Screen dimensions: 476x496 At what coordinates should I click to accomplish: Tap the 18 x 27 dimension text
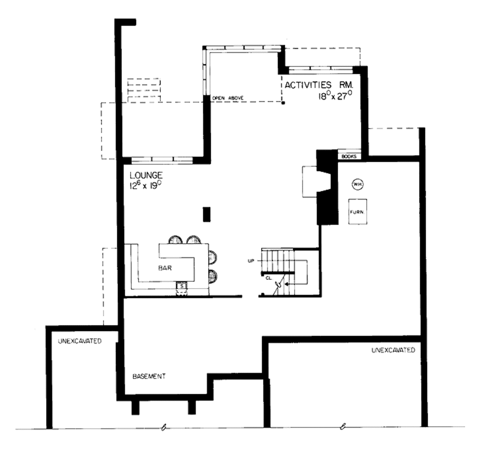[x=334, y=96]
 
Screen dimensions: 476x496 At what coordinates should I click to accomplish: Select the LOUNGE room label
[x=146, y=175]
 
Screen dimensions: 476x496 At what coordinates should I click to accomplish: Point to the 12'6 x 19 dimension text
[x=145, y=185]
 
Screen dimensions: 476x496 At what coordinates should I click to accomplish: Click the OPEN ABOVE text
[x=227, y=98]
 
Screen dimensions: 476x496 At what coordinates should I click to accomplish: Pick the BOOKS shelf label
[x=349, y=156]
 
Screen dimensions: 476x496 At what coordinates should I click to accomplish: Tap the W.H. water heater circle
[x=357, y=184]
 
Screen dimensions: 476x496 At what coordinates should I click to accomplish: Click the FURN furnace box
[x=357, y=212]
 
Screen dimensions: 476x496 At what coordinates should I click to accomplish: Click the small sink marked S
[x=182, y=286]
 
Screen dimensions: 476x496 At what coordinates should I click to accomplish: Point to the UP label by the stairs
[x=251, y=261]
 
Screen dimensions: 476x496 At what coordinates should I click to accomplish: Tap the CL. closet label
[x=268, y=278]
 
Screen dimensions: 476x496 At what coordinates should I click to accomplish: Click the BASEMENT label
[x=149, y=376]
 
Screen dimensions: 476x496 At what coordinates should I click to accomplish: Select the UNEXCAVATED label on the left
[x=79, y=341]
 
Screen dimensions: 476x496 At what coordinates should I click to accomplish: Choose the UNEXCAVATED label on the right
[x=393, y=350]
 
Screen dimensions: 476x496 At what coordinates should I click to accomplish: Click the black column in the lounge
[x=207, y=214]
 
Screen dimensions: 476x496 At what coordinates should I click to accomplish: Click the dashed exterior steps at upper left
[x=143, y=90]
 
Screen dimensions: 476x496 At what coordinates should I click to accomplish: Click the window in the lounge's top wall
[x=162, y=159]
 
